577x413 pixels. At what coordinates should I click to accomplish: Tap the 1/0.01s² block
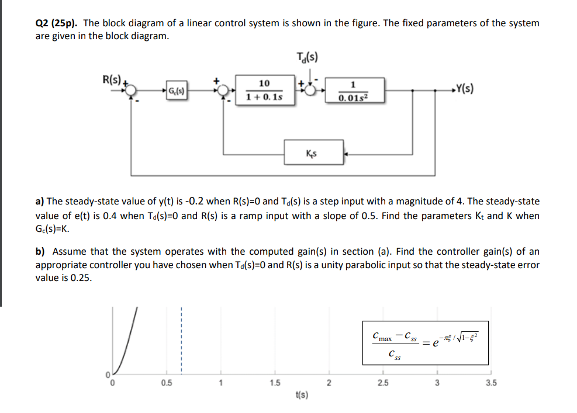tap(353, 91)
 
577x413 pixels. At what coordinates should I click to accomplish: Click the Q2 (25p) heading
tap(57, 23)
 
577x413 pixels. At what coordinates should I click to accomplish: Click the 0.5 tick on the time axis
tap(167, 383)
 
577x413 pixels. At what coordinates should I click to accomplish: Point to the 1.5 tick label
tap(274, 383)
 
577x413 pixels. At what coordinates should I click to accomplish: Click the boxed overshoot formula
tap(425, 343)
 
